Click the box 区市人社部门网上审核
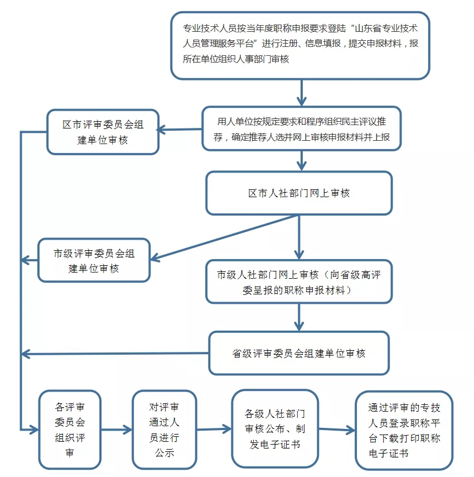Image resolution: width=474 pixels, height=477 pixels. click(299, 193)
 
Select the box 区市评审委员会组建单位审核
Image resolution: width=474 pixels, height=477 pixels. click(103, 132)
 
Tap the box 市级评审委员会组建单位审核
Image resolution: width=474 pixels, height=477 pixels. click(94, 260)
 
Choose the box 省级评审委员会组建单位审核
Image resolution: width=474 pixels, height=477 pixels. click(299, 353)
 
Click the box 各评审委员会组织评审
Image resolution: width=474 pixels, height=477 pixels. click(70, 430)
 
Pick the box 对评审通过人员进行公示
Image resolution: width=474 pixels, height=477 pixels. click(165, 430)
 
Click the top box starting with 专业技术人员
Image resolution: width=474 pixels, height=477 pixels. click(300, 45)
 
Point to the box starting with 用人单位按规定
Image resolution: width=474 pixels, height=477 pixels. click(302, 128)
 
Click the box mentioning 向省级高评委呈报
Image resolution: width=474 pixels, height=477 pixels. click(299, 282)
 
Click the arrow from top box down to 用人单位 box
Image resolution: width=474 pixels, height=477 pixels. click(301, 93)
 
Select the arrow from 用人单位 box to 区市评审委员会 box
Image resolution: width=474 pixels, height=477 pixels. click(180, 130)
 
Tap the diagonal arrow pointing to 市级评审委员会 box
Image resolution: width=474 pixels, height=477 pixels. click(223, 238)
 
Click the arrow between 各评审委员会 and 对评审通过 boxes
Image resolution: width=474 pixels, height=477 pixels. click(117, 430)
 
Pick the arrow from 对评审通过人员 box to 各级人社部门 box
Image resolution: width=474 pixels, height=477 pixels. click(214, 429)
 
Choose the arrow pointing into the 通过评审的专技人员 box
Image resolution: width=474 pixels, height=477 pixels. click(337, 430)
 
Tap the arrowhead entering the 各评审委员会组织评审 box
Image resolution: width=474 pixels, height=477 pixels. click(33, 430)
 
